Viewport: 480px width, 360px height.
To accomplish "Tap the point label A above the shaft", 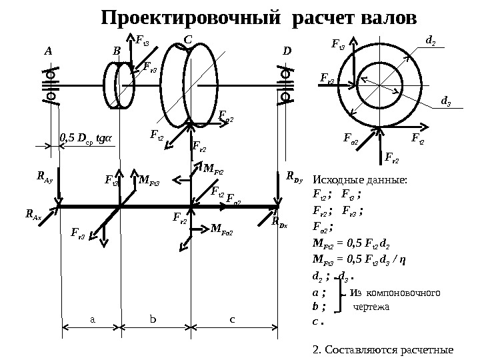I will [47, 50].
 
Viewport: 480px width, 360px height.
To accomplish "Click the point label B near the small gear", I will [117, 50].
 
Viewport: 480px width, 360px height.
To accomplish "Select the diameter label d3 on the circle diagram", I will [445, 101].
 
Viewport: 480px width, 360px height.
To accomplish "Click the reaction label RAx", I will [32, 215].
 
